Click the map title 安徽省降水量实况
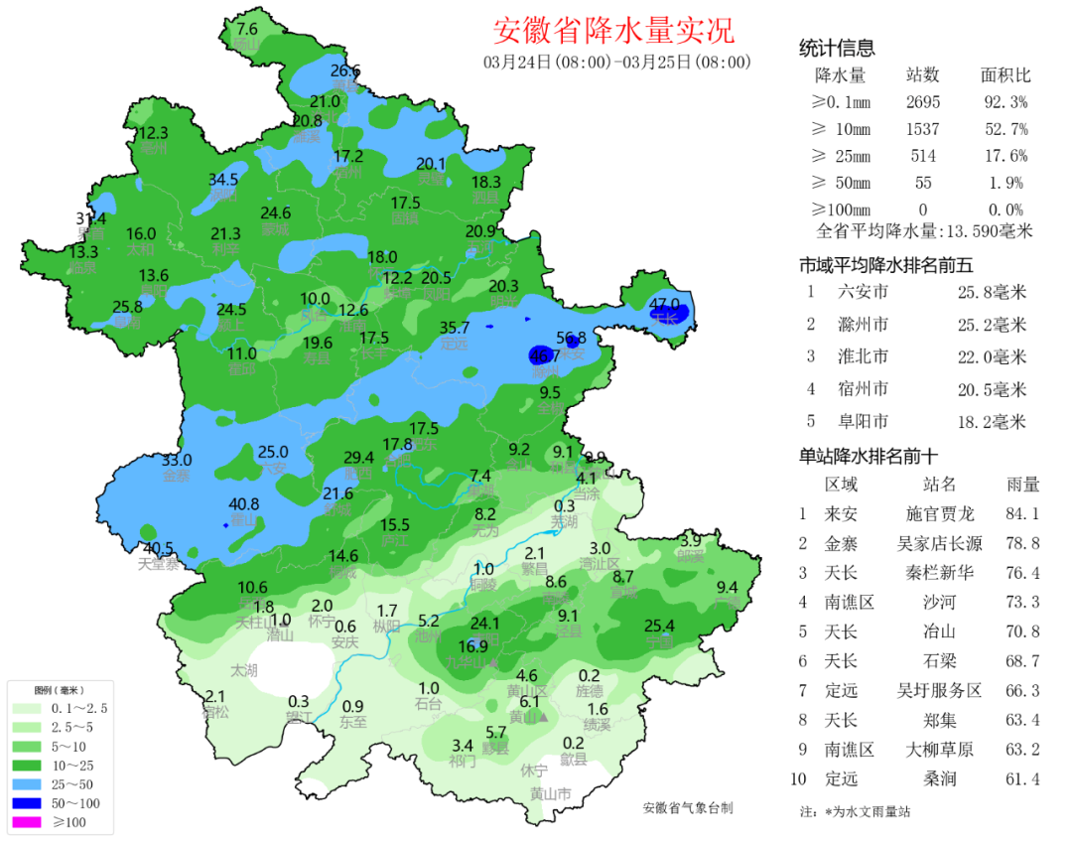[x=613, y=31]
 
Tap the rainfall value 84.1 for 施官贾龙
[x=1022, y=513]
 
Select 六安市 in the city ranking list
[x=863, y=292]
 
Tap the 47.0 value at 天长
[x=664, y=304]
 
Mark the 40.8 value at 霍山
[x=244, y=503]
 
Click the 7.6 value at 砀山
[x=246, y=29]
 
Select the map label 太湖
[x=244, y=670]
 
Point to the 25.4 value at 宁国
[x=659, y=626]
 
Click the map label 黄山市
[x=550, y=793]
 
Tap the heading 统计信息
[x=837, y=49]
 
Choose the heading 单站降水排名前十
[x=869, y=457]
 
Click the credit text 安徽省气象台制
[x=688, y=808]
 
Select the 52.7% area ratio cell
[x=1005, y=129]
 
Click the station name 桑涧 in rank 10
[x=939, y=778]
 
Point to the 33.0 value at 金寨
[x=177, y=460]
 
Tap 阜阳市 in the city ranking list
[x=863, y=421]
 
